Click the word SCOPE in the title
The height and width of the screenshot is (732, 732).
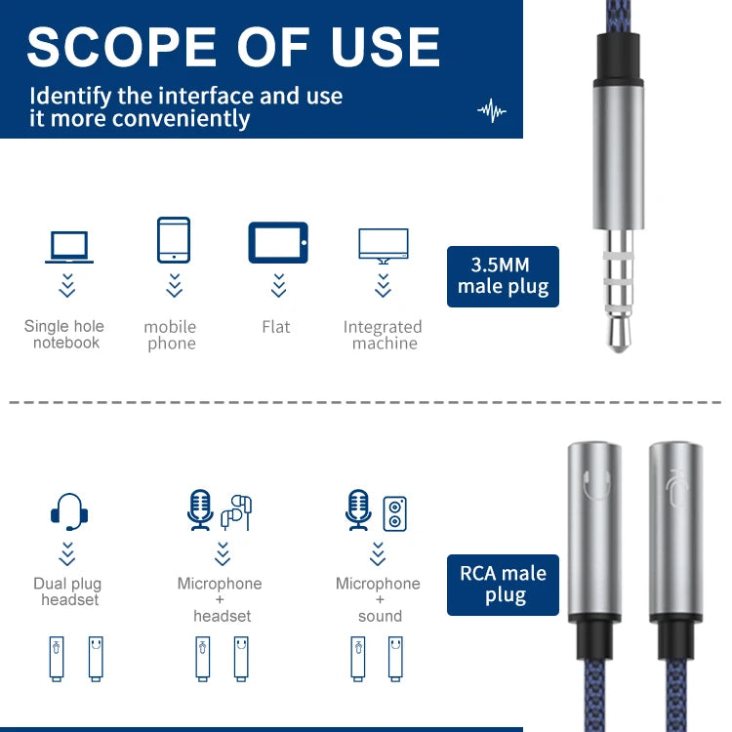pos(122,46)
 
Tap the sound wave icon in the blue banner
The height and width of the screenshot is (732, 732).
pos(492,110)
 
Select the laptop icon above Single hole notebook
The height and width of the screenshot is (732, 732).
pos(69,247)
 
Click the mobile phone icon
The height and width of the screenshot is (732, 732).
pos(174,240)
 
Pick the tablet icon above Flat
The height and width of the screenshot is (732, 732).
pos(278,242)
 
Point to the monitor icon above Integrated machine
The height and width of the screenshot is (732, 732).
pos(384,246)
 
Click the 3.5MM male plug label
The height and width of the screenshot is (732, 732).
pos(503,276)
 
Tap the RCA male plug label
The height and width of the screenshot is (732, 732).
pos(503,585)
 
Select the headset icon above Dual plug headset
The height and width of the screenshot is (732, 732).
pos(69,511)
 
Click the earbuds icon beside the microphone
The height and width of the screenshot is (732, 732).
pos(237,512)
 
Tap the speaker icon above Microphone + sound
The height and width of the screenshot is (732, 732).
pos(394,513)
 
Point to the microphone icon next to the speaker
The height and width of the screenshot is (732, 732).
pos(358,509)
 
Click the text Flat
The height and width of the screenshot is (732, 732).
pos(276,327)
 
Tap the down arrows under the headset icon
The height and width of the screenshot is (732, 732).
pos(67,553)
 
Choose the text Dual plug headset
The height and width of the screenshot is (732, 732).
pos(67,591)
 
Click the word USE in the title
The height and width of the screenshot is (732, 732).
pos(386,46)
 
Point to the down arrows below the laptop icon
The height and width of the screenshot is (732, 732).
pos(67,285)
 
